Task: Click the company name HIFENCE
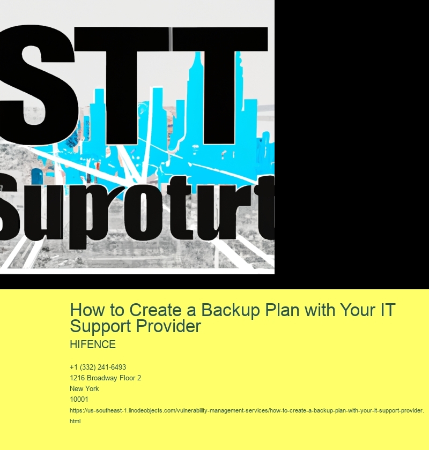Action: pyautogui.click(x=92, y=344)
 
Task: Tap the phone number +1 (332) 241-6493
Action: pyautogui.click(x=98, y=367)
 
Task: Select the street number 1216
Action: pyautogui.click(x=78, y=378)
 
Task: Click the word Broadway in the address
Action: pyautogui.click(x=105, y=378)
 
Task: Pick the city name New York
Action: pyautogui.click(x=84, y=389)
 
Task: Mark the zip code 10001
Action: pyautogui.click(x=79, y=400)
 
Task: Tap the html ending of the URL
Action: pyautogui.click(x=75, y=421)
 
